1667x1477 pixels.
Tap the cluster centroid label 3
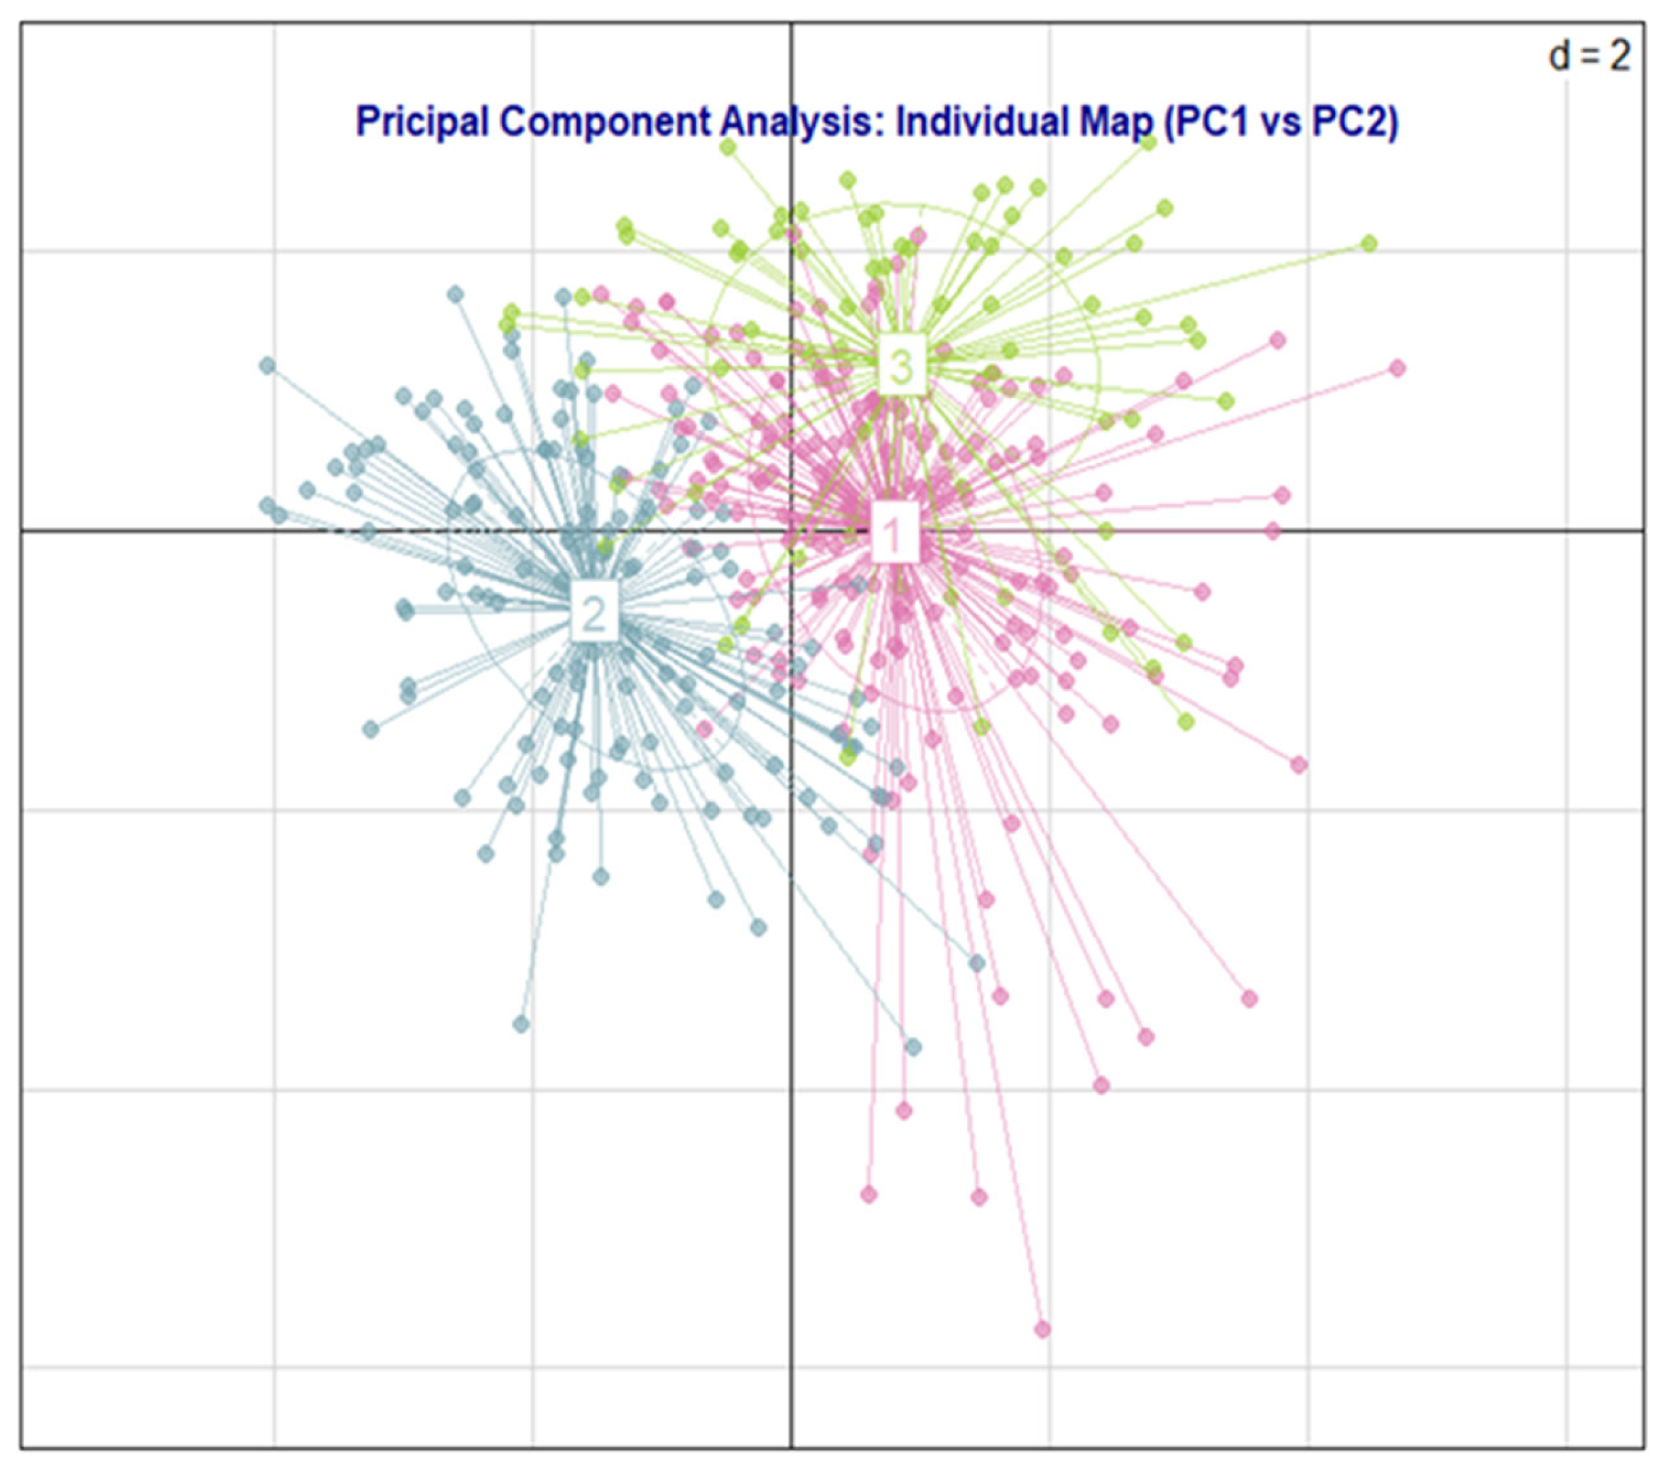click(x=901, y=367)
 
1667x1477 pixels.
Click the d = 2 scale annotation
click(x=1589, y=56)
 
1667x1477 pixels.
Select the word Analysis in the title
click(x=803, y=122)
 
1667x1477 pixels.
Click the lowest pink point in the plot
click(x=1042, y=1330)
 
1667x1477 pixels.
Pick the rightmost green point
click(x=1370, y=243)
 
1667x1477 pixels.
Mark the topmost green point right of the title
click(x=1149, y=143)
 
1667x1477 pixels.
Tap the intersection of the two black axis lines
click(x=791, y=531)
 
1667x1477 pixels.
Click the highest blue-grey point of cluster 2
click(x=456, y=293)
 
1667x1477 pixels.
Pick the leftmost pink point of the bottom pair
click(x=868, y=1195)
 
